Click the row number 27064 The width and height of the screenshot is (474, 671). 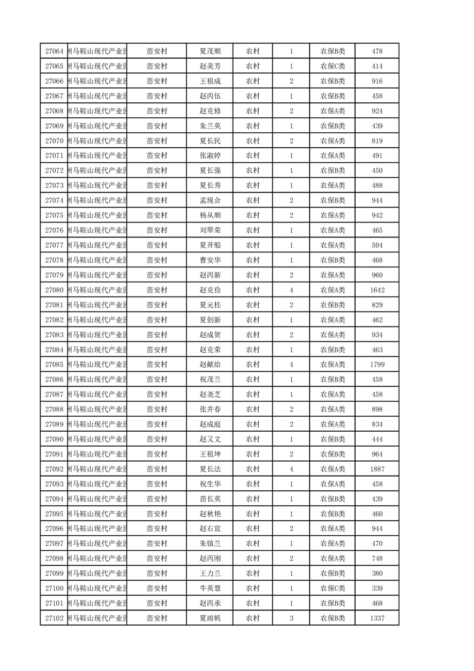tap(54, 51)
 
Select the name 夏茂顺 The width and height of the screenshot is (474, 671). tap(210, 51)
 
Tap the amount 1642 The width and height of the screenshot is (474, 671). tap(377, 290)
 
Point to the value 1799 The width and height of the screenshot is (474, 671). tap(377, 365)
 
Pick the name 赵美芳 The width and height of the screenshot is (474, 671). tap(210, 66)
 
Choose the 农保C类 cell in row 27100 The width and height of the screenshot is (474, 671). tap(332, 588)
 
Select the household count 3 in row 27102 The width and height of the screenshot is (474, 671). tap(291, 618)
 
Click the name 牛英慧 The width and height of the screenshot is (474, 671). tap(210, 588)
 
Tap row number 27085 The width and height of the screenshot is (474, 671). tap(54, 365)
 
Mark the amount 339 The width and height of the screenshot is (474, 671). tap(377, 588)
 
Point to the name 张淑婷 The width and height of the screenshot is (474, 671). tap(210, 156)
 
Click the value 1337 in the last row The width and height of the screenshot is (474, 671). tap(377, 618)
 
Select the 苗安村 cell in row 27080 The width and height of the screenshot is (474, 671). tap(157, 290)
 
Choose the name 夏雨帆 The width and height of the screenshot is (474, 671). tap(210, 618)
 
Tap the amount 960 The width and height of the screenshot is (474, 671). tap(377, 275)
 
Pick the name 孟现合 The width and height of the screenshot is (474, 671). tap(210, 200)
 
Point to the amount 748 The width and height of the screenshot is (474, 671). tap(377, 559)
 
